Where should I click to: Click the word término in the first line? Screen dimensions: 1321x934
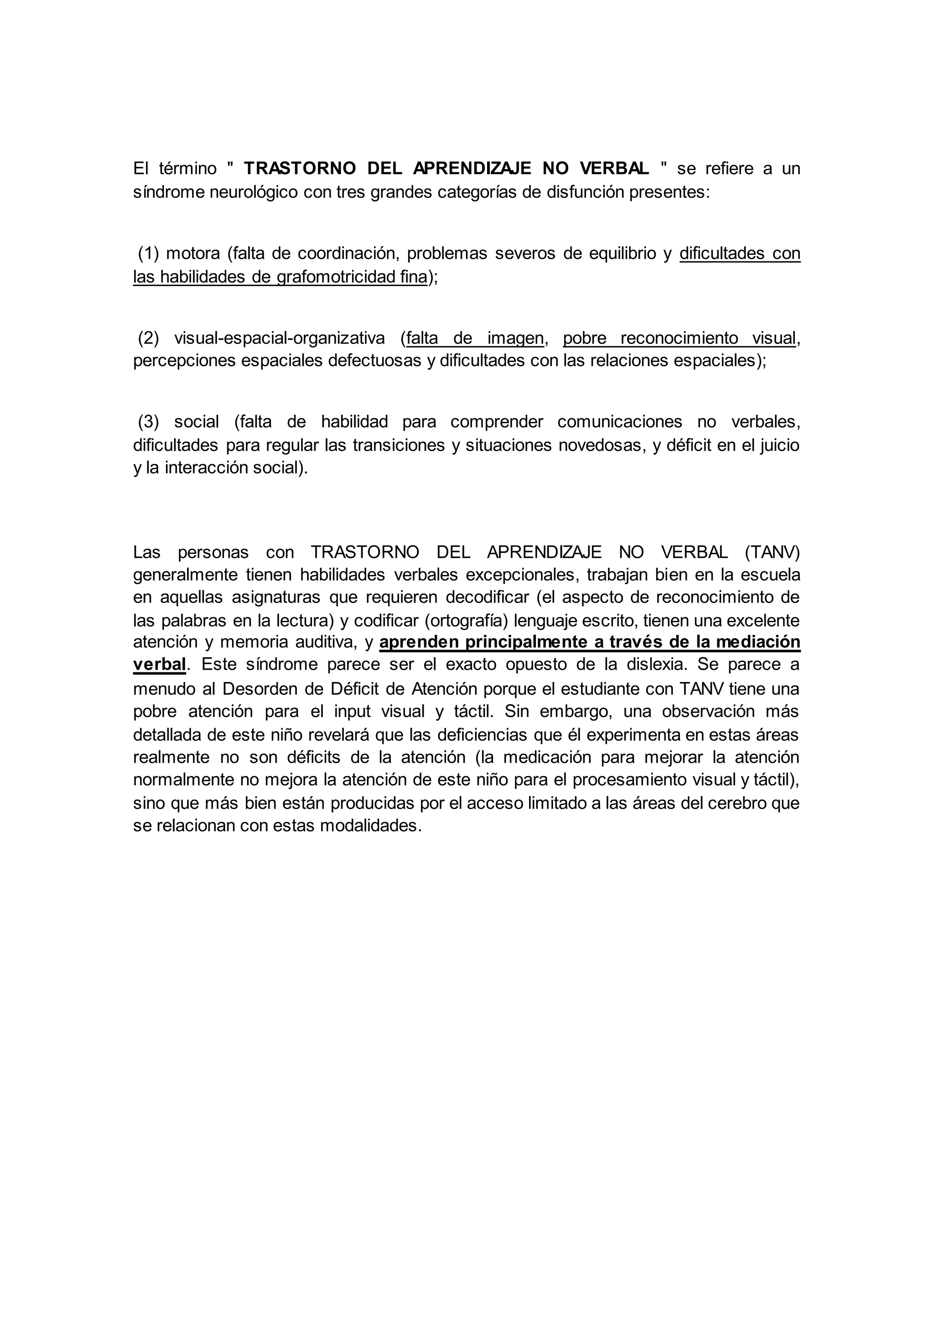pos(187,169)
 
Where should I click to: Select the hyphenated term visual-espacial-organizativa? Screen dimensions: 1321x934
pos(280,338)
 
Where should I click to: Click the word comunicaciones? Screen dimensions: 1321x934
pos(619,422)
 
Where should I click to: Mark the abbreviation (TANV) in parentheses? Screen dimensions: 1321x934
pos(772,552)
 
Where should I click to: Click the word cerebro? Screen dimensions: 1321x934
pos(738,803)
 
